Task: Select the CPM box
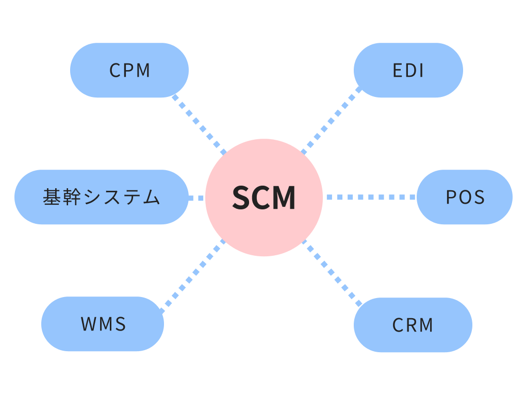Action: (x=129, y=70)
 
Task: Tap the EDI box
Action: (x=408, y=70)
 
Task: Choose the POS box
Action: (x=465, y=197)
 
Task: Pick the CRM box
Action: (x=413, y=325)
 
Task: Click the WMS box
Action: (x=103, y=324)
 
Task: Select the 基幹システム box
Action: (x=102, y=197)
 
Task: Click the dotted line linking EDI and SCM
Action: (x=332, y=121)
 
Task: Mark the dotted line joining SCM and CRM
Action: (x=332, y=271)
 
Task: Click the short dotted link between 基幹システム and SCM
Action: (x=196, y=197)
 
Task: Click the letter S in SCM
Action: (x=241, y=197)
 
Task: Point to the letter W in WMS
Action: (x=88, y=324)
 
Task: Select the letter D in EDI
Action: (x=409, y=71)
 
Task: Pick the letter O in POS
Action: (x=465, y=197)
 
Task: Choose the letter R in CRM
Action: (x=412, y=325)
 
